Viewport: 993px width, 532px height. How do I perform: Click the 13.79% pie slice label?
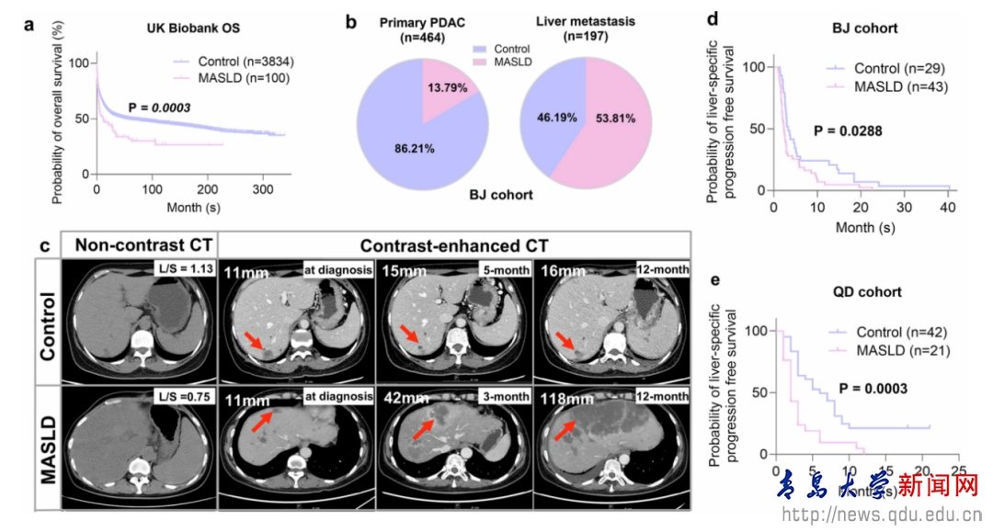pos(445,88)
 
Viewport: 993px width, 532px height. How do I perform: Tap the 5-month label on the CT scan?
pos(502,268)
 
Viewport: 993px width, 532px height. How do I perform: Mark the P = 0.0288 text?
pos(848,131)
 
